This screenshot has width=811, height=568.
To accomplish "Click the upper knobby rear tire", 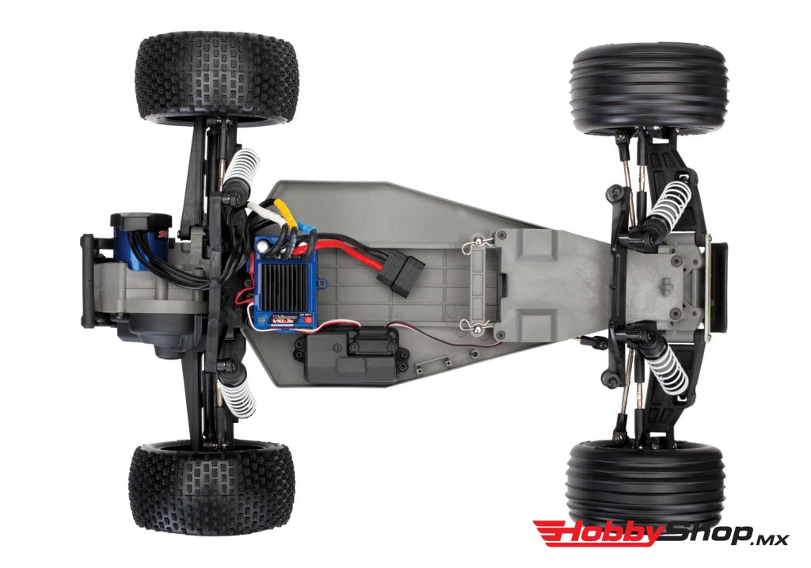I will coord(218,78).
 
